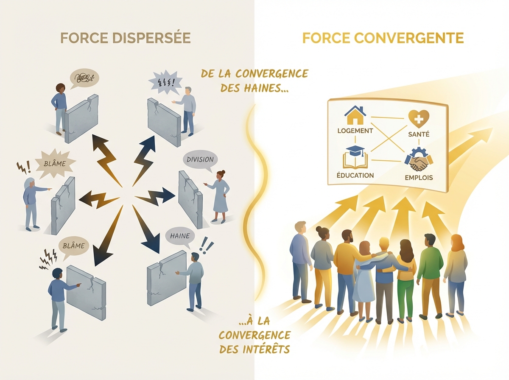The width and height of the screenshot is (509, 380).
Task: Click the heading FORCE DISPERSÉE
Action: pos(126,38)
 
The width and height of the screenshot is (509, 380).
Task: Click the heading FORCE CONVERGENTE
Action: pos(383,38)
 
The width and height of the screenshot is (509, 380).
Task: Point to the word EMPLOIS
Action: pos(419,177)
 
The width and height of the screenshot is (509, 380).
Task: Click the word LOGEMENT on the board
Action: pos(355,131)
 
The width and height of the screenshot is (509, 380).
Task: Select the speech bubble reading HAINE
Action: pos(179,236)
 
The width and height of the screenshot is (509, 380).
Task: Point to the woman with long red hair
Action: pos(456,271)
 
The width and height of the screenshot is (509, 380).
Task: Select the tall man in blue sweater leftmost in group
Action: pos(300,259)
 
